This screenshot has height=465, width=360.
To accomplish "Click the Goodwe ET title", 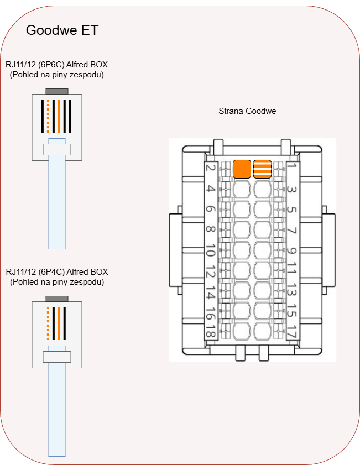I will (x=62, y=30).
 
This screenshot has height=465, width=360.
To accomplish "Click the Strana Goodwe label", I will (x=247, y=111).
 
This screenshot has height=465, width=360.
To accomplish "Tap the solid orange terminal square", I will (x=242, y=169).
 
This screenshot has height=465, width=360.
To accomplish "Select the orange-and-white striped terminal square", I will (x=262, y=169).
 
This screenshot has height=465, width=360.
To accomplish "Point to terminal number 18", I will (x=210, y=332).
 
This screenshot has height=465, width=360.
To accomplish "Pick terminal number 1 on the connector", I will (x=292, y=166).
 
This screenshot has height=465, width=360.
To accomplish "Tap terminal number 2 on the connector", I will (x=210, y=168).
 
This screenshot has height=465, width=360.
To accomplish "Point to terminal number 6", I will (x=210, y=210).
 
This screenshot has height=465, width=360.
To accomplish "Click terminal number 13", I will (x=292, y=294).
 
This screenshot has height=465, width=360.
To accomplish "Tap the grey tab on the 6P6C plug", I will (x=57, y=92).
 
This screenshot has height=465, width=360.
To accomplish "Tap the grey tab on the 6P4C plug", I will (x=57, y=299).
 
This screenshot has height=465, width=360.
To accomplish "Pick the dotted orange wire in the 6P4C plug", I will (x=49, y=323).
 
